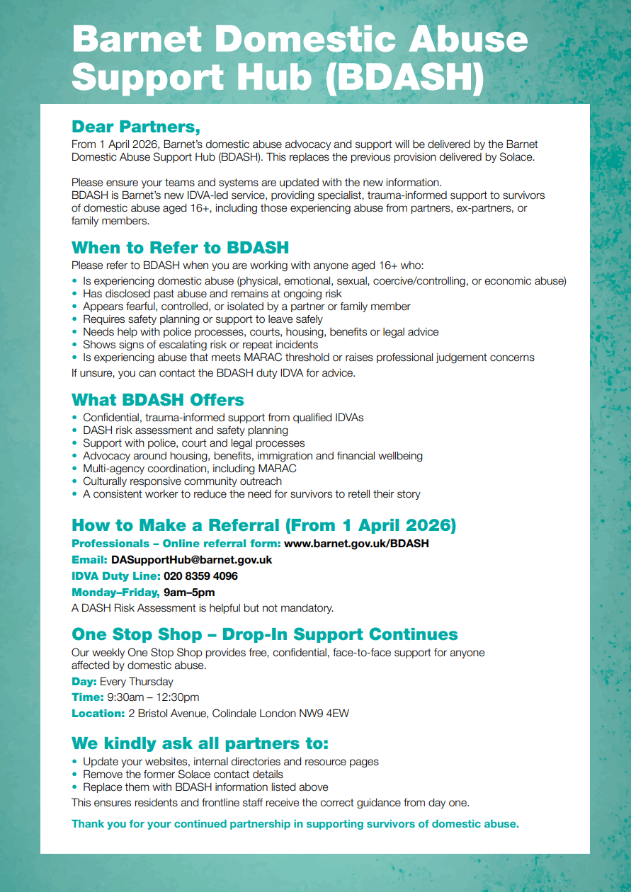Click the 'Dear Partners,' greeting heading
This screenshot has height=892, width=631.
[x=136, y=127]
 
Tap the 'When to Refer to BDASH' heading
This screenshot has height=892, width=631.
[x=180, y=248]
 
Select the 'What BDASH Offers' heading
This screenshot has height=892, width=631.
[x=158, y=400]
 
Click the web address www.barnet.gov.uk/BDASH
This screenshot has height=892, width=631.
[x=356, y=544]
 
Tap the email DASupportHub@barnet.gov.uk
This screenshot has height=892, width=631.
[x=191, y=560]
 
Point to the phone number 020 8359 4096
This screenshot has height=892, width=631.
[x=200, y=576]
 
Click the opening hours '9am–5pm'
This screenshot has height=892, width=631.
[x=189, y=593]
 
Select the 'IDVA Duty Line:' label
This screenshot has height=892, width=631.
[x=116, y=576]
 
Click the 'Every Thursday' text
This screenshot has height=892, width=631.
[x=137, y=682]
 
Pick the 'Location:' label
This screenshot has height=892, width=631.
[x=98, y=714]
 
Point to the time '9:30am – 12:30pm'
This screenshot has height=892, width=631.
[x=153, y=697]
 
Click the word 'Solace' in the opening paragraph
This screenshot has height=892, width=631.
[x=516, y=157]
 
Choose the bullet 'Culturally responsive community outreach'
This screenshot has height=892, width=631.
[x=182, y=481]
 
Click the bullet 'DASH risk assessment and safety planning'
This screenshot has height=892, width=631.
[x=185, y=430]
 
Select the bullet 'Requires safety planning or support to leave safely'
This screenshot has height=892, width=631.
[x=203, y=319]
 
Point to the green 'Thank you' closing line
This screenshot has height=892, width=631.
[x=295, y=824]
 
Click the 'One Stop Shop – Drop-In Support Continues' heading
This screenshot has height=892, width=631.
[x=265, y=634]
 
